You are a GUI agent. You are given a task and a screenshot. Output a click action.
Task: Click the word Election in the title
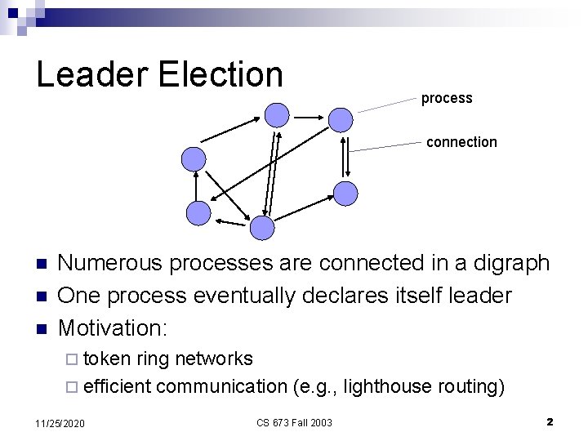pos(220,74)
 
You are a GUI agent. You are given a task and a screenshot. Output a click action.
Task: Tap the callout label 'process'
pos(447,99)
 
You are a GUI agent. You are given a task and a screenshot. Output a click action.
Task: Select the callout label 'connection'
pos(461,142)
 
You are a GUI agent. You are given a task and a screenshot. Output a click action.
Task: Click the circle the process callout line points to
pos(341,120)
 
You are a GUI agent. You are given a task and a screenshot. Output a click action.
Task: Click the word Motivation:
pos(113,328)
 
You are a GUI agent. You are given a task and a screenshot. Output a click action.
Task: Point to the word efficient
pos(117,386)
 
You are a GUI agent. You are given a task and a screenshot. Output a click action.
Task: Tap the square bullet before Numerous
pos(43,264)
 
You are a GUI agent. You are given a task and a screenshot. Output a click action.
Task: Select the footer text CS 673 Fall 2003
pos(294,422)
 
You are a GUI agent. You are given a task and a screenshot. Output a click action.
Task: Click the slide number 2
pos(550,422)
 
